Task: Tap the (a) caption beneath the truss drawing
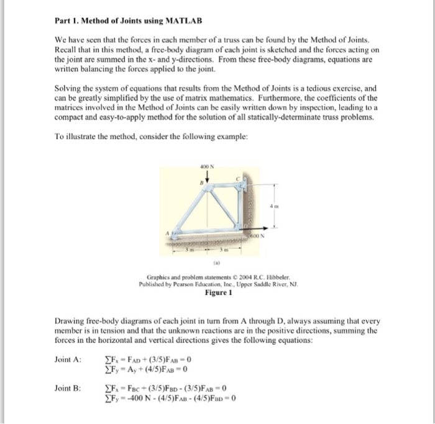point(207,262)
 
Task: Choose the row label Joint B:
point(68,388)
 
